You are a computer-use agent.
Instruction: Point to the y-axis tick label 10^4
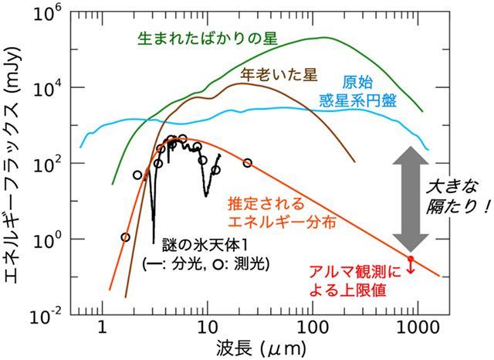53,87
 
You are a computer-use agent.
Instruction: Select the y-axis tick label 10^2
53,163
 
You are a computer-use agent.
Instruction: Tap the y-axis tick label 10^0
53,239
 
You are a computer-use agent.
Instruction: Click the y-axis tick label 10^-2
52,314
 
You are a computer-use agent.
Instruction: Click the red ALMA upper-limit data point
411,259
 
